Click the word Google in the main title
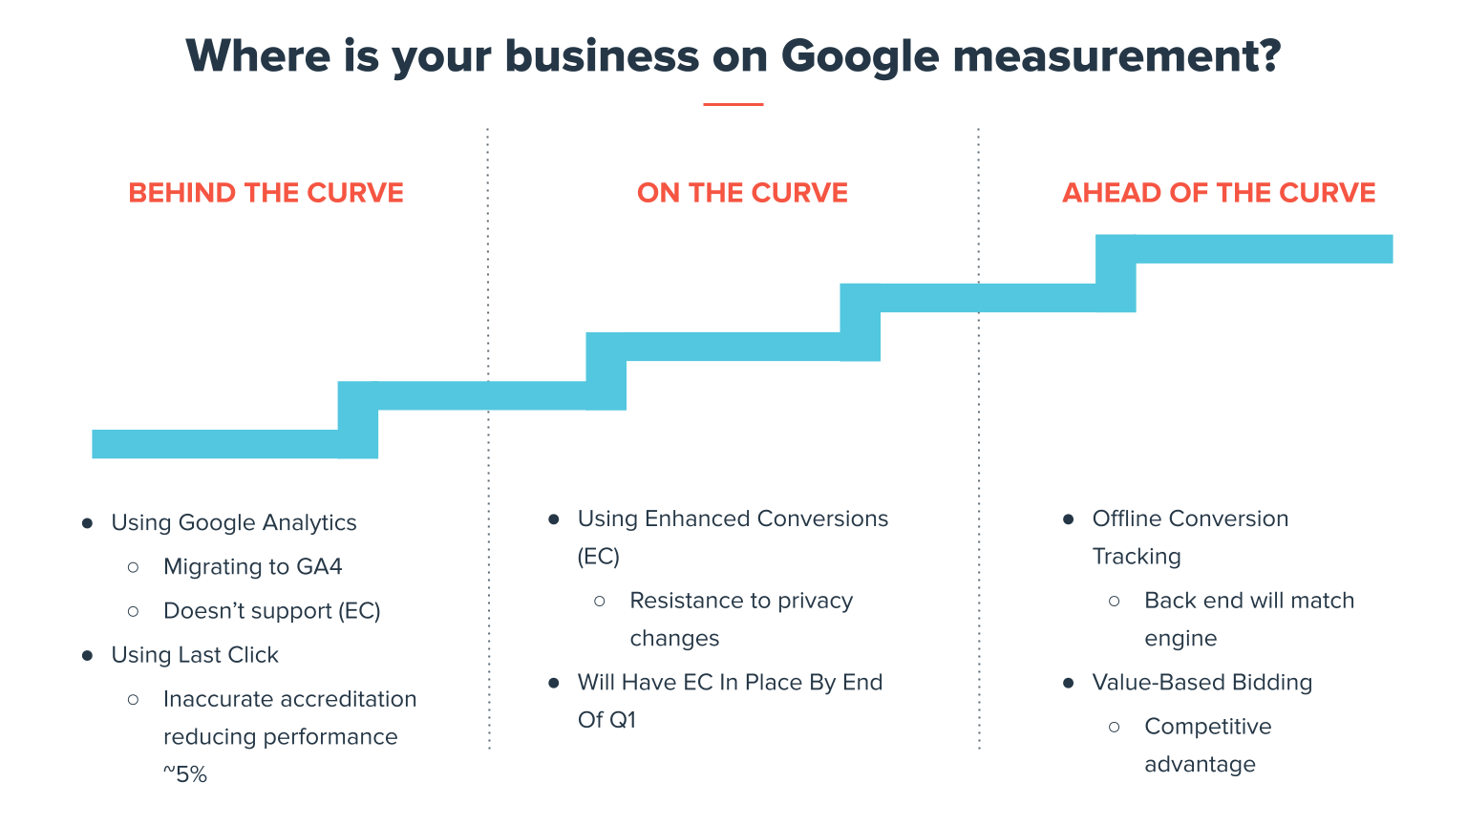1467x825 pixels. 859,57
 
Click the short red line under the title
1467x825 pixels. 733,104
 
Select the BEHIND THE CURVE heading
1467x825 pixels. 266,193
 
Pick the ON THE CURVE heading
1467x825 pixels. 742,193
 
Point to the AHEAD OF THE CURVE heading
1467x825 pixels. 1219,193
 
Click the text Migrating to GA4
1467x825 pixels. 252,567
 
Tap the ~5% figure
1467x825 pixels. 184,774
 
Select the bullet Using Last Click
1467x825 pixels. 195,655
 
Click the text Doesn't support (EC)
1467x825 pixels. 271,611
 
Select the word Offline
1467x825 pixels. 1128,518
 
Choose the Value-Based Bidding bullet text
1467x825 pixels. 1201,683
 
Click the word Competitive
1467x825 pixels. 1207,727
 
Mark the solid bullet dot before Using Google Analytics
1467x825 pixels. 88,523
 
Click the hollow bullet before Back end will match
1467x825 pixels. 1114,602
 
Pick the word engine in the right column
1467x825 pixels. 1180,639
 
